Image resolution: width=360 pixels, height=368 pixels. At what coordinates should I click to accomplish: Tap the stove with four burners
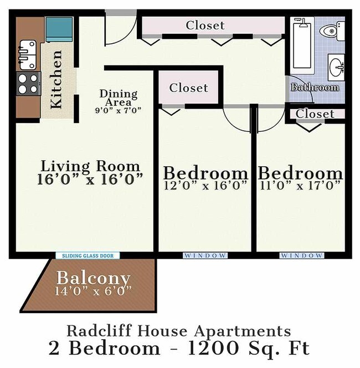[x=28, y=84]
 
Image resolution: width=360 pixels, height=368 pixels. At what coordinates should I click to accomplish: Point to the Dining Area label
[x=118, y=98]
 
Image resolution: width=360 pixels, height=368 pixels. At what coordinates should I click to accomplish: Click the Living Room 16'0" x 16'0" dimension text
[x=91, y=178]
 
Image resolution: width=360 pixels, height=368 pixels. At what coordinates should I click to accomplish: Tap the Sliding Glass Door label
[x=88, y=255]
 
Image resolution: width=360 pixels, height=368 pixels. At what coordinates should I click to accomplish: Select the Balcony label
[x=94, y=278]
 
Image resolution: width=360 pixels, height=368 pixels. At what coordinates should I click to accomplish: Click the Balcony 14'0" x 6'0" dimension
[x=94, y=290]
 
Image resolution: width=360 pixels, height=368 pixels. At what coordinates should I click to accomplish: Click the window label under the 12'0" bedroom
[x=205, y=255]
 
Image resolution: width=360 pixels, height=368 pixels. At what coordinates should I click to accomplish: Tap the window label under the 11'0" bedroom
[x=301, y=255]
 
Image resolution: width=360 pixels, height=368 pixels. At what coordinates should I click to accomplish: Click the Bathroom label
[x=315, y=87]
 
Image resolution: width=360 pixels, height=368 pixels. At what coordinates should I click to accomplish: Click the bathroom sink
[x=336, y=68]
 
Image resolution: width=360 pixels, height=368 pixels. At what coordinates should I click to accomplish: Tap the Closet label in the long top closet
[x=205, y=25]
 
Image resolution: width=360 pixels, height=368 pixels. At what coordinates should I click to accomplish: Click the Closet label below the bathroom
[x=315, y=114]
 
